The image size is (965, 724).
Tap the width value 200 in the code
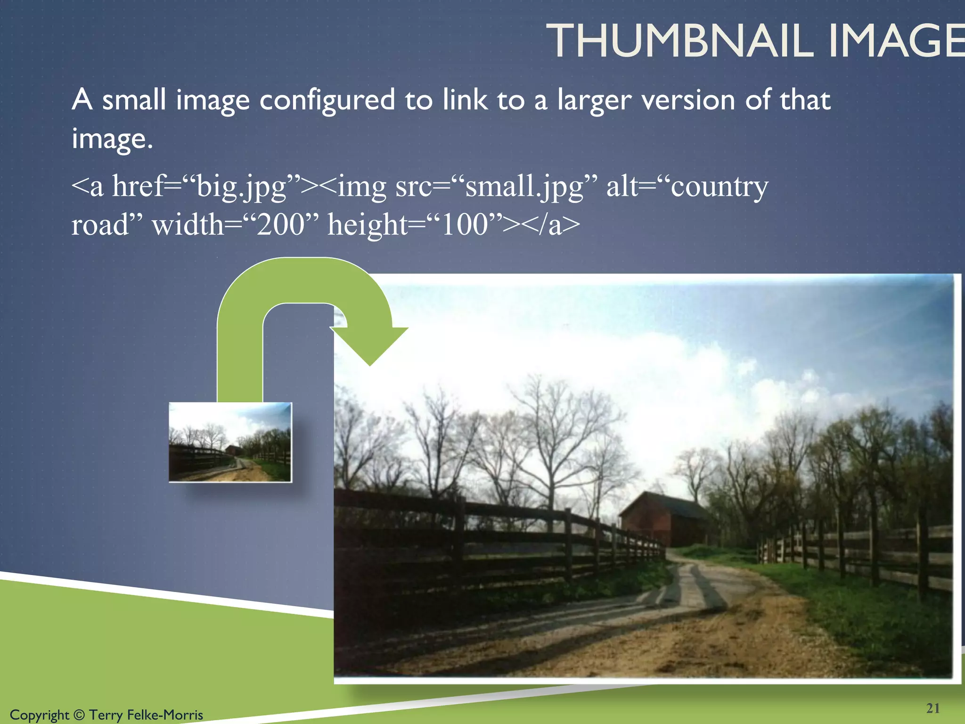[281, 225]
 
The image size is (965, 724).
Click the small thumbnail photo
[230, 442]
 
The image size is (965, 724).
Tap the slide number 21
[932, 708]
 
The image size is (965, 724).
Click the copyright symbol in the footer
[79, 715]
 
